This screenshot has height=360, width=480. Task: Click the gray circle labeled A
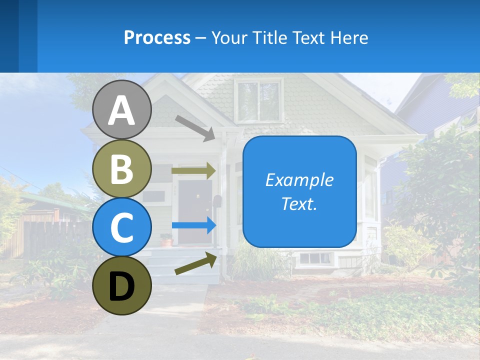pyautogui.click(x=122, y=109)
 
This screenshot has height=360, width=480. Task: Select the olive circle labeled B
pyautogui.click(x=122, y=168)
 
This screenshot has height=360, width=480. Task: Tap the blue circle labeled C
pyautogui.click(x=122, y=227)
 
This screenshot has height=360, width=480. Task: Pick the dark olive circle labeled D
pyautogui.click(x=122, y=285)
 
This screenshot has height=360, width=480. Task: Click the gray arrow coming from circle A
pyautogui.click(x=195, y=128)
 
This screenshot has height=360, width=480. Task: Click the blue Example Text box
pyautogui.click(x=299, y=192)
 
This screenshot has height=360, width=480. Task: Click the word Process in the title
pyautogui.click(x=157, y=37)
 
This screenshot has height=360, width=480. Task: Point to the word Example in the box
pyautogui.click(x=299, y=180)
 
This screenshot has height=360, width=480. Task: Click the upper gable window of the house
pyautogui.click(x=258, y=101)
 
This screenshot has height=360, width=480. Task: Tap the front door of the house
pyautogui.click(x=195, y=210)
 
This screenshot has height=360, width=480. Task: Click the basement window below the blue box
pyautogui.click(x=315, y=258)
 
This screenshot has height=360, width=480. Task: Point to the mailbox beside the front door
pyautogui.click(x=217, y=201)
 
